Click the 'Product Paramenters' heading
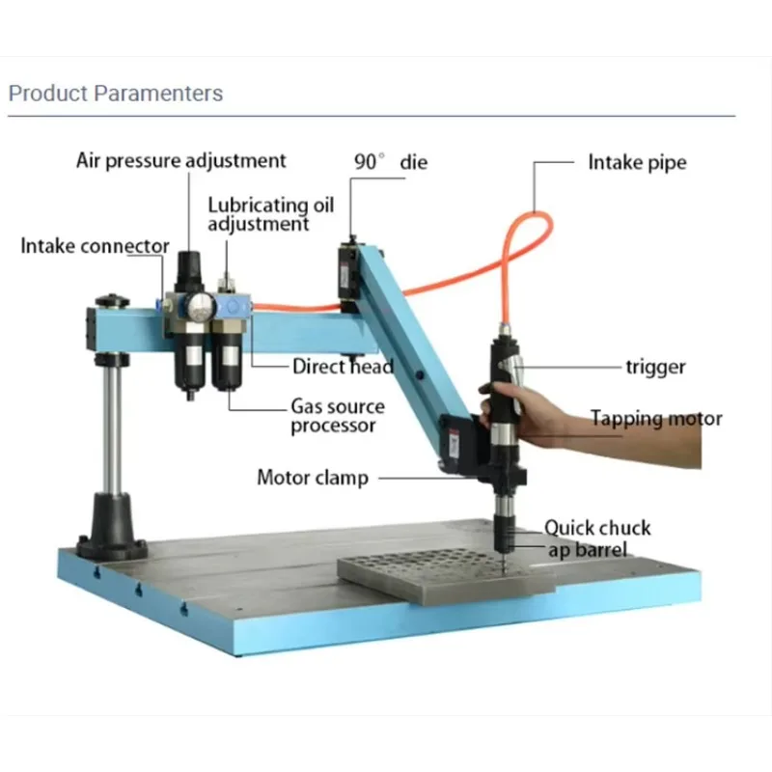pos(116,94)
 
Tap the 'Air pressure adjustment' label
pos(180,161)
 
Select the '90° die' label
pos(391,162)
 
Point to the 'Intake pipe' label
pos(637,162)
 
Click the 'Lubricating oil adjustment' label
pos(271,214)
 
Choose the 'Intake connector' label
pos(95,246)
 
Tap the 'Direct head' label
pos(344,367)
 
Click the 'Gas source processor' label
pos(338,416)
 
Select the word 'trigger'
pos(655,368)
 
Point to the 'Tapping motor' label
pos(656,419)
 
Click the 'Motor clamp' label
pos(313,478)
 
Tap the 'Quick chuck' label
pos(597,528)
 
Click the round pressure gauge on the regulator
pos(201,307)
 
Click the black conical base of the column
pos(112,527)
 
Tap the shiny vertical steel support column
pos(113,428)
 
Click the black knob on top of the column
pos(112,300)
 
